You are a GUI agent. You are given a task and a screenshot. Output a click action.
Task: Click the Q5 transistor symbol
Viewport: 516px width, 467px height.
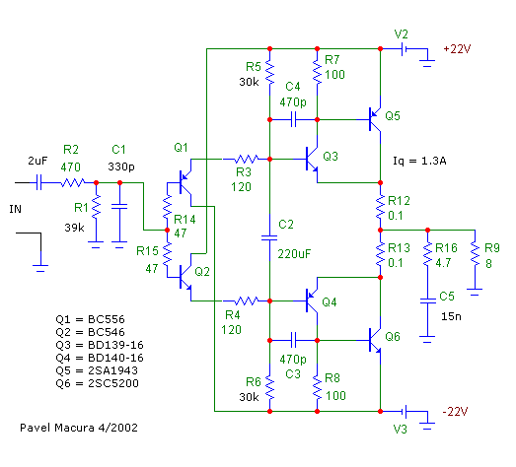pyautogui.click(x=375, y=119)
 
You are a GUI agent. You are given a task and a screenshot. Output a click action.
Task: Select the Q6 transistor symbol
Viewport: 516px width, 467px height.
pyautogui.click(x=375, y=341)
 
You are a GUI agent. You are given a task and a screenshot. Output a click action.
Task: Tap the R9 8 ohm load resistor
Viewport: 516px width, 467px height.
pyautogui.click(x=475, y=253)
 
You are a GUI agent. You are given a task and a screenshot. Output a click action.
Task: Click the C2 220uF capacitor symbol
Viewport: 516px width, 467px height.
pyautogui.click(x=269, y=237)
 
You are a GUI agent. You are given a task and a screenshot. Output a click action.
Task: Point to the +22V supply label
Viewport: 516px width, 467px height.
pyautogui.click(x=457, y=49)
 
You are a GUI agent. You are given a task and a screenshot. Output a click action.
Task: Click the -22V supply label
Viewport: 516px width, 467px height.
pyautogui.click(x=455, y=412)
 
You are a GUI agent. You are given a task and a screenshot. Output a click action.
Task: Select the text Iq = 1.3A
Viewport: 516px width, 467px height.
pyautogui.click(x=419, y=161)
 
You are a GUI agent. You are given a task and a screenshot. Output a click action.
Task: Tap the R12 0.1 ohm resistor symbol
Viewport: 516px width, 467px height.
pyautogui.click(x=380, y=206)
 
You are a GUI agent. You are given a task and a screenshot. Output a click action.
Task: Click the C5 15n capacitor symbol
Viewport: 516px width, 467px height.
pyautogui.click(x=427, y=301)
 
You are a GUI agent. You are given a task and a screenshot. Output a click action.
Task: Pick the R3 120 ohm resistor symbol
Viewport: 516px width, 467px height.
pyautogui.click(x=246, y=160)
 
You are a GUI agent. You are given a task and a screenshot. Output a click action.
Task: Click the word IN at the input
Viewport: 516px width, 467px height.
pyautogui.click(x=16, y=209)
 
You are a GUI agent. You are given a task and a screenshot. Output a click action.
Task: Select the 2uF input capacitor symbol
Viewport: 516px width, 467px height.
pyautogui.click(x=38, y=182)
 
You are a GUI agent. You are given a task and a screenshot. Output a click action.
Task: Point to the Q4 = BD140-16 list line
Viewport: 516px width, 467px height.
pyautogui.click(x=100, y=358)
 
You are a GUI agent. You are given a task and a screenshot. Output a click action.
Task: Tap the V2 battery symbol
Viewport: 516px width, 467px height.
pyautogui.click(x=405, y=49)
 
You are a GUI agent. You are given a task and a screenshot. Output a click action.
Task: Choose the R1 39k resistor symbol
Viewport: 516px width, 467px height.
pyautogui.click(x=96, y=206)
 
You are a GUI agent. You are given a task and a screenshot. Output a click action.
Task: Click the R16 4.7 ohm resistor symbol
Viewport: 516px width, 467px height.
pyautogui.click(x=427, y=254)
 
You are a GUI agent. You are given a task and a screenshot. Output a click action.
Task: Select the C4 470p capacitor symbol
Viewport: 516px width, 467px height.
pyautogui.click(x=294, y=119)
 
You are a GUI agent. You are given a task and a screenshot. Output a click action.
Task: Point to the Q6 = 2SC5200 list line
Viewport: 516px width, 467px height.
pyautogui.click(x=97, y=383)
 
